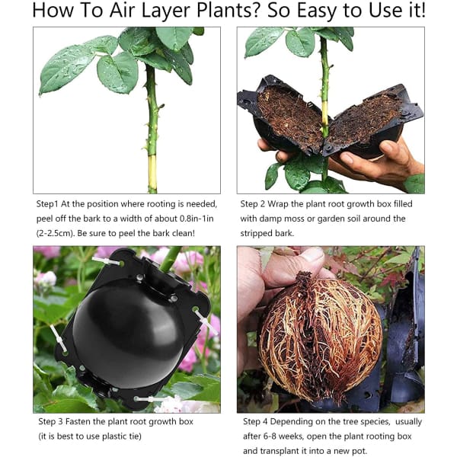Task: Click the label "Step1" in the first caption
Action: tap(51, 204)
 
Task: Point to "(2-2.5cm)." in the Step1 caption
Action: tap(60, 233)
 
